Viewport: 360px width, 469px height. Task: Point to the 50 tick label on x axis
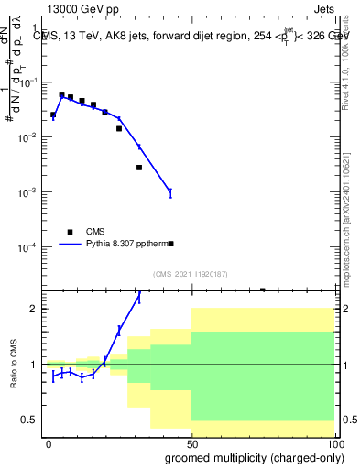click(191, 444)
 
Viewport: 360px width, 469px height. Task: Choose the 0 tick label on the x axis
click(49, 444)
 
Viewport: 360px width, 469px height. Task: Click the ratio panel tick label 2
click(34, 309)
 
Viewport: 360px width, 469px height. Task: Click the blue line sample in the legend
click(71, 245)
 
